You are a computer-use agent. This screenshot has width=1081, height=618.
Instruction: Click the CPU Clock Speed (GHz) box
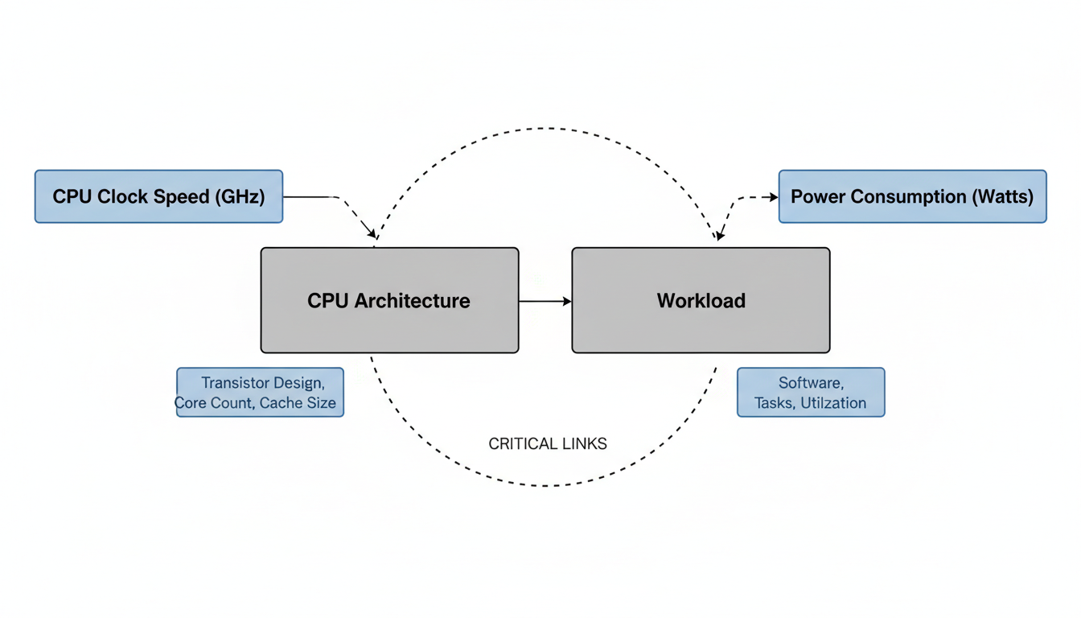158,196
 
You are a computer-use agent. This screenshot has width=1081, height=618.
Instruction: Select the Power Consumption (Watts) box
912,196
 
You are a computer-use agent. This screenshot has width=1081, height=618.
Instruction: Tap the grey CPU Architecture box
389,300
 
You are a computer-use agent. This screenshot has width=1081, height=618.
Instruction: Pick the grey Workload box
701,300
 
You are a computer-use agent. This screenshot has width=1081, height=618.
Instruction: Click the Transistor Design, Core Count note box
260,392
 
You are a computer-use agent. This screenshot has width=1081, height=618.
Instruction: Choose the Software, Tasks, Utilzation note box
811,392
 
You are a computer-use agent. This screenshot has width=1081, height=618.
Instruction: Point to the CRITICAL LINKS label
548,443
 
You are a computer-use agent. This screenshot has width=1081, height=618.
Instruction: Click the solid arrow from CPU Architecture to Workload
545,301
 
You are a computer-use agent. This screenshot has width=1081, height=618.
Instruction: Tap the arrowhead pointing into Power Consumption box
774,196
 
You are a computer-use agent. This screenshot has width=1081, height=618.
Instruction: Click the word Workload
701,301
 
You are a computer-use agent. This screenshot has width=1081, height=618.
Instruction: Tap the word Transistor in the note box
233,382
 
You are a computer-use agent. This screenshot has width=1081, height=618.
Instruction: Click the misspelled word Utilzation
833,403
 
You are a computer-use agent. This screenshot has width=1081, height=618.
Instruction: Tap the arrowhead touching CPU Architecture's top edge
373,235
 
